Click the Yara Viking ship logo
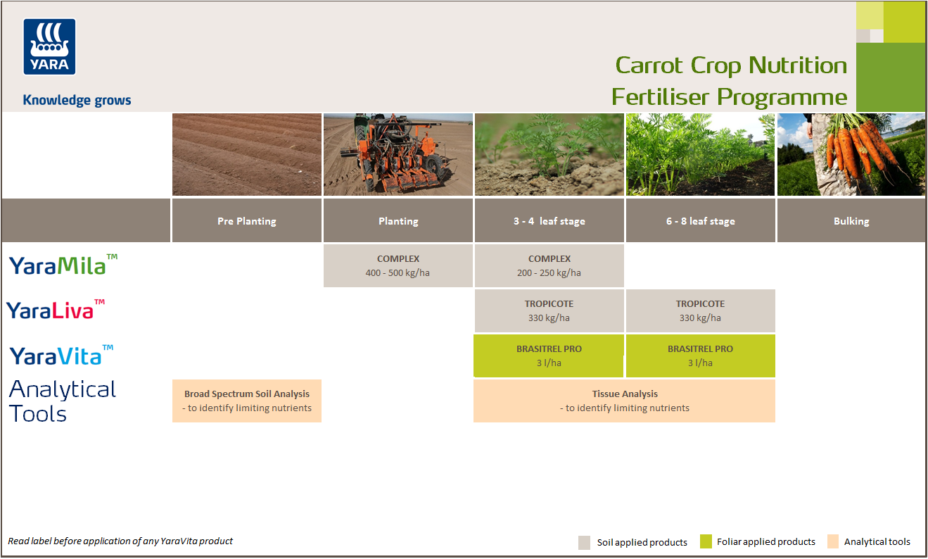tap(49, 46)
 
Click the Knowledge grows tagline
tap(77, 100)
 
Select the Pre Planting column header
tap(246, 221)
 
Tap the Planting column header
tap(398, 221)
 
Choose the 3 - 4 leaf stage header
tap(549, 221)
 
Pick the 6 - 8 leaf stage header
tap(700, 221)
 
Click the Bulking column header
tap(851, 221)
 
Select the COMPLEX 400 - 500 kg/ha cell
tap(398, 265)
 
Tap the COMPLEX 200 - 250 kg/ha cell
tap(549, 265)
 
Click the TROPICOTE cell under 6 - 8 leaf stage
tap(700, 310)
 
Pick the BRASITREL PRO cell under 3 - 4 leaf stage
tap(549, 356)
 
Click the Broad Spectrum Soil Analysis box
tap(246, 401)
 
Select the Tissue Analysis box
tap(624, 401)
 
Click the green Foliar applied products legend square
tap(706, 541)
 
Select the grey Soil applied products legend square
tap(585, 542)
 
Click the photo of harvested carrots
tap(851, 154)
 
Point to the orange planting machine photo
tap(398, 154)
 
